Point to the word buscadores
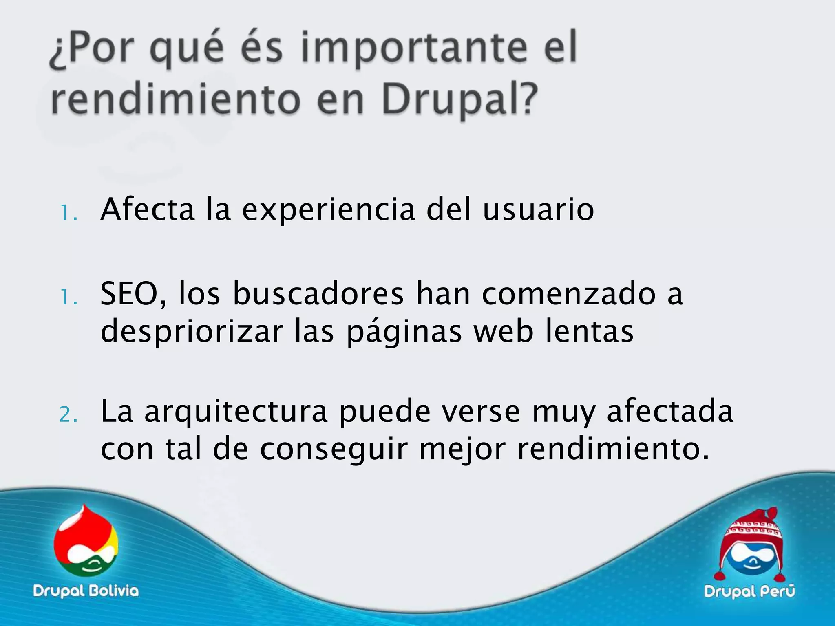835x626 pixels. (x=318, y=294)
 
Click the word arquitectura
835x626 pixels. (x=236, y=412)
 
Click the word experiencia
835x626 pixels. (x=329, y=210)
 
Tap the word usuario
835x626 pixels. (x=538, y=210)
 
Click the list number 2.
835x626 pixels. (x=67, y=415)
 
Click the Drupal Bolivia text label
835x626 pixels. (x=86, y=591)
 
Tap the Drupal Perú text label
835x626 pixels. (x=749, y=591)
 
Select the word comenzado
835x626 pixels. (x=569, y=294)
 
